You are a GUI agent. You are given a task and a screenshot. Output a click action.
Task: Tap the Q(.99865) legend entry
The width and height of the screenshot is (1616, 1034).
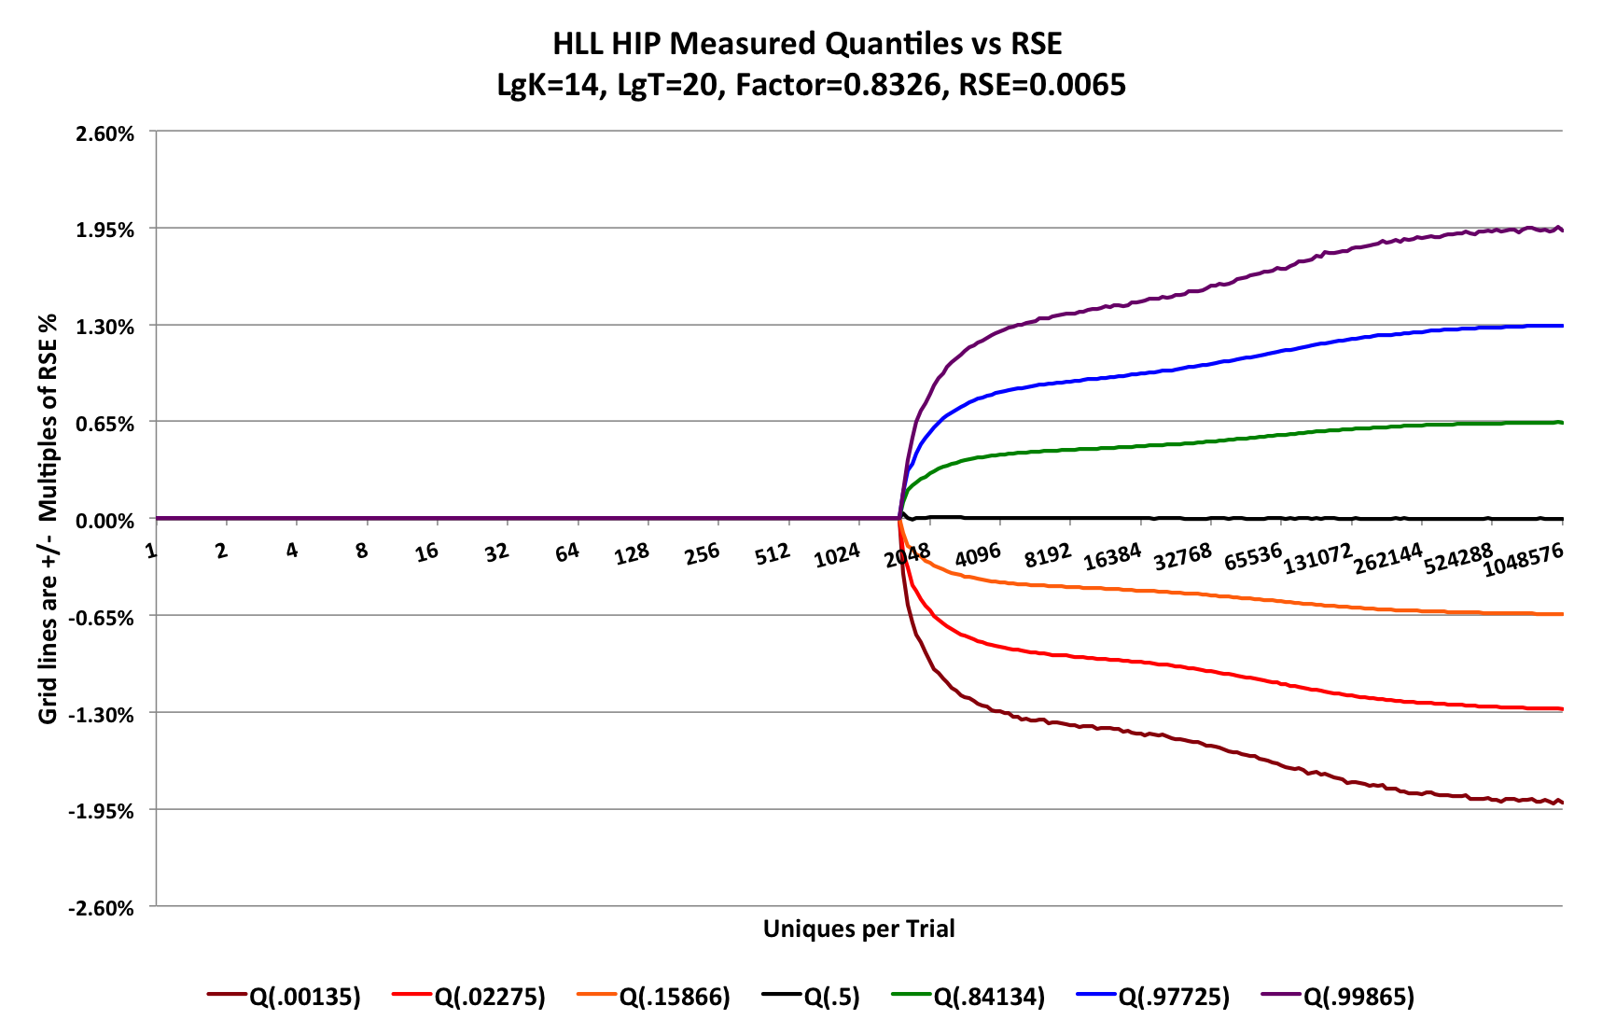[x=1358, y=997]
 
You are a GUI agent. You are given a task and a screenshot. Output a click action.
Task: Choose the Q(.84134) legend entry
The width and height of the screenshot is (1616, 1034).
[x=989, y=997]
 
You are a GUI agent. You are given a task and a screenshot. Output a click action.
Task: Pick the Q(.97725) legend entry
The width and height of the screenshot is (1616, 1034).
[x=1174, y=997]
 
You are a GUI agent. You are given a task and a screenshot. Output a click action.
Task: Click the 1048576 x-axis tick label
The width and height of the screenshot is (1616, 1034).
[x=1523, y=561]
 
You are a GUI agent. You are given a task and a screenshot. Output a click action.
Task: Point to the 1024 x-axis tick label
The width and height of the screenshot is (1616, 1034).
[x=837, y=556]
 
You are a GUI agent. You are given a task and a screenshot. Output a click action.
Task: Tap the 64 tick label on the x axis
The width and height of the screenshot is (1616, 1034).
[x=566, y=552]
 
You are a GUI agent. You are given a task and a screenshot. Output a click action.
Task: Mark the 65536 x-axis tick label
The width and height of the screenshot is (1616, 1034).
[x=1253, y=557]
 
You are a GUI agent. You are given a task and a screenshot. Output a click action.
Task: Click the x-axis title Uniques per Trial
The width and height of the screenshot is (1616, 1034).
[x=858, y=929]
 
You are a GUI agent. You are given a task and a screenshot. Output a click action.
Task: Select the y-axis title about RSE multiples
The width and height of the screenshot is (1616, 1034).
[x=48, y=519]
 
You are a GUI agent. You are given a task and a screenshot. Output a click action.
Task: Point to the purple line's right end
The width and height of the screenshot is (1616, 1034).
[x=1562, y=230]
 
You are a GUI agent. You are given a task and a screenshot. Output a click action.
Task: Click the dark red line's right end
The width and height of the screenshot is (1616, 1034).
[x=1562, y=803]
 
